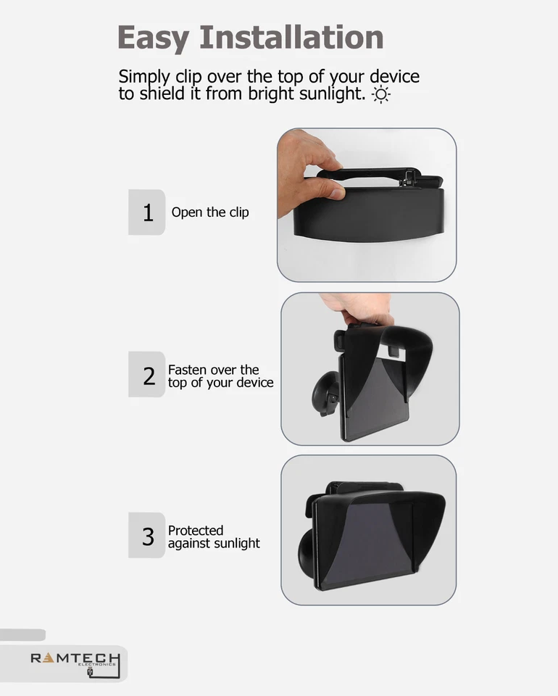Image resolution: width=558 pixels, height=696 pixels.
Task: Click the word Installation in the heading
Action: [291, 37]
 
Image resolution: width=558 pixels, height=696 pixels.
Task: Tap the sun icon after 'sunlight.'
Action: [380, 95]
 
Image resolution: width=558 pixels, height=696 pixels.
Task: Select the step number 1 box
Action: [148, 212]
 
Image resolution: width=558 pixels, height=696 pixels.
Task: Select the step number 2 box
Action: [149, 375]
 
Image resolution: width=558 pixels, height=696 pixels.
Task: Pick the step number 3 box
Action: [148, 536]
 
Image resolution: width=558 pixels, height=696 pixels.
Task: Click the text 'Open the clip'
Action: [210, 212]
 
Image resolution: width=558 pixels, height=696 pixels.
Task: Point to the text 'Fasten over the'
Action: [213, 370]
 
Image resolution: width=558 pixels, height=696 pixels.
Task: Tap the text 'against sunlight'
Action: [214, 543]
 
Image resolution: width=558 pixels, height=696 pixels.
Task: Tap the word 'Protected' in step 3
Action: [196, 531]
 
